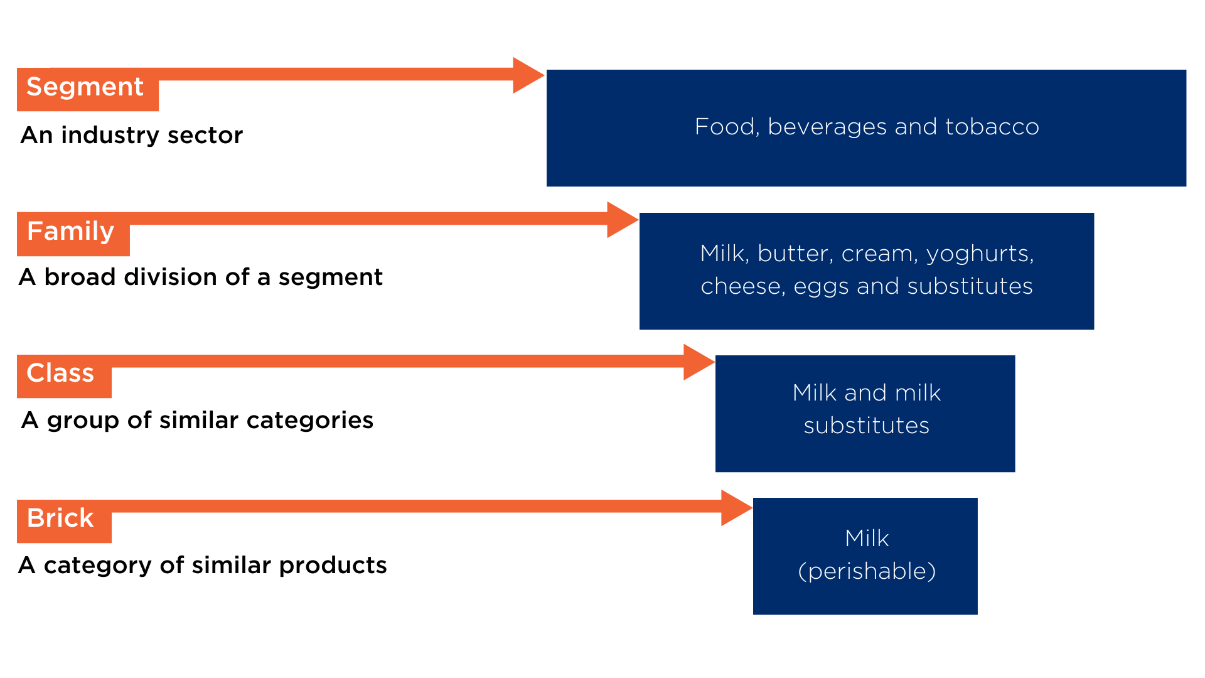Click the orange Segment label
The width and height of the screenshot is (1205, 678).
tap(88, 89)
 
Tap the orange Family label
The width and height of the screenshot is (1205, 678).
tap(73, 234)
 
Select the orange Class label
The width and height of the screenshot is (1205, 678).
tap(64, 376)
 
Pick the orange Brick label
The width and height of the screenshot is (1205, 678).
tap(64, 521)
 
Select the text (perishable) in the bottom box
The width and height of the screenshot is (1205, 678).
tap(867, 571)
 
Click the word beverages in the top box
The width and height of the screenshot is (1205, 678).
tap(827, 127)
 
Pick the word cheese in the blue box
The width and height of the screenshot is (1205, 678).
tap(743, 287)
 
